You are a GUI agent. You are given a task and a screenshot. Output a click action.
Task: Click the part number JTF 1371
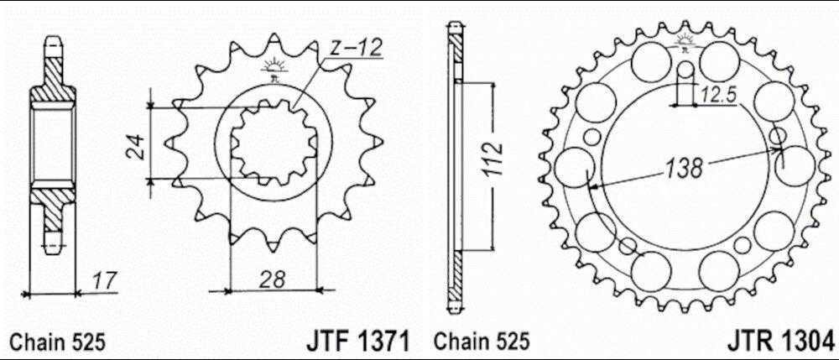358,341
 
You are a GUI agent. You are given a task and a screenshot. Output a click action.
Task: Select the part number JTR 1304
781,341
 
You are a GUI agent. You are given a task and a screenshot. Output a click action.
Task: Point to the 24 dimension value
136,145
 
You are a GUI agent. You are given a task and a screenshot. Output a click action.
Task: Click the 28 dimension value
273,279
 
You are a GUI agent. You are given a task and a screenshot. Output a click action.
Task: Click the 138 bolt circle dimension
683,169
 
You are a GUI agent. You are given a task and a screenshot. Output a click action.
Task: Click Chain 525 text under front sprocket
58,342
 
